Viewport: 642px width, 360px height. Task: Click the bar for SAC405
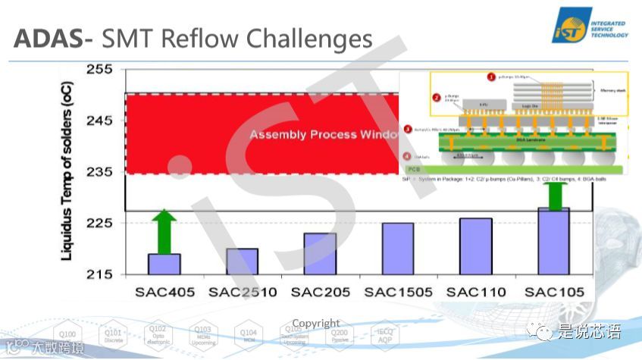coord(164,264)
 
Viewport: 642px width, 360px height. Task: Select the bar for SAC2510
coord(242,261)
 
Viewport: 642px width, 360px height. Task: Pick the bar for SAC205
coord(319,253)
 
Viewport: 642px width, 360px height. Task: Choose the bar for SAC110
coord(475,246)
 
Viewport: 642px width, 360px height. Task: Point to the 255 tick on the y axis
coord(99,70)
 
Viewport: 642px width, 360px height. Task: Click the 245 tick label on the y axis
coord(99,121)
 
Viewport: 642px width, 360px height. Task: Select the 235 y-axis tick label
coord(99,172)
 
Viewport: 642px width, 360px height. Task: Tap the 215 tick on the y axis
coord(99,274)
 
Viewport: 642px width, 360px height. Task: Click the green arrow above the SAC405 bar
coord(164,231)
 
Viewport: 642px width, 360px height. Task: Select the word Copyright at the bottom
coord(316,324)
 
